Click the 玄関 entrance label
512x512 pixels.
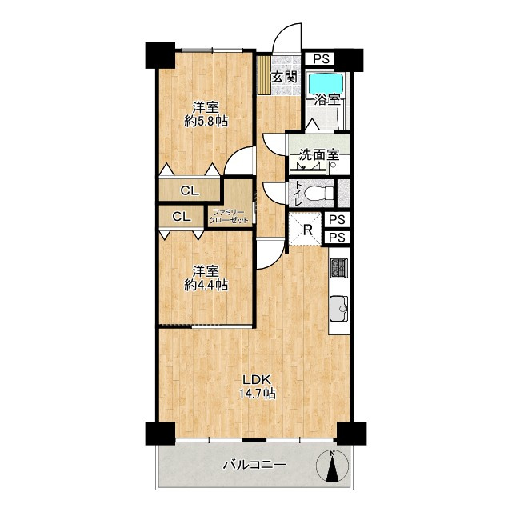(x=285, y=78)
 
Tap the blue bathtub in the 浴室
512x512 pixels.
(x=326, y=83)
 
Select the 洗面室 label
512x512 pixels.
(x=320, y=155)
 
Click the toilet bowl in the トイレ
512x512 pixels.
(x=318, y=193)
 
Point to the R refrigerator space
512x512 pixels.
(x=307, y=230)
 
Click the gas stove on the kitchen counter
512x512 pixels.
(x=339, y=268)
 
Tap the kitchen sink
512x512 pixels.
(x=339, y=309)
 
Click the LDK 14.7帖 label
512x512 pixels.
(x=257, y=386)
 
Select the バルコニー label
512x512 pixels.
(x=254, y=464)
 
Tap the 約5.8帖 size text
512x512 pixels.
(x=206, y=122)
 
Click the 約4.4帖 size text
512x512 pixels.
(x=206, y=286)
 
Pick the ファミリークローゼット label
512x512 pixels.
(x=229, y=217)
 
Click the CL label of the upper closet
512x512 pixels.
(x=190, y=190)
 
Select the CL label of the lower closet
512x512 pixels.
(x=182, y=217)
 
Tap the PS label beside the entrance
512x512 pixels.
(x=322, y=59)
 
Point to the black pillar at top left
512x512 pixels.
(x=160, y=55)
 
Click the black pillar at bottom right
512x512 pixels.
(x=351, y=434)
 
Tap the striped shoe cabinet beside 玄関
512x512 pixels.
(x=263, y=75)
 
